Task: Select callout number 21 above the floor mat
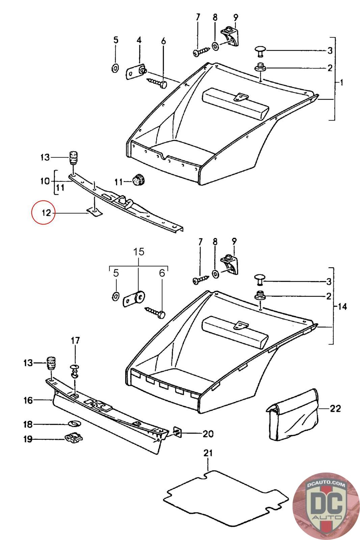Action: (208, 453)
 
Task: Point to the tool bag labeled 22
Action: (292, 416)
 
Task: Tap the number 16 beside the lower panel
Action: (28, 400)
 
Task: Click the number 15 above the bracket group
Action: (139, 251)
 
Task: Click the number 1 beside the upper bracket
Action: (341, 82)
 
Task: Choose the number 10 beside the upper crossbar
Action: (45, 181)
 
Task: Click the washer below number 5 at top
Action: (115, 69)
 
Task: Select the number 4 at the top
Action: (139, 40)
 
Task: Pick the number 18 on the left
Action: (28, 424)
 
